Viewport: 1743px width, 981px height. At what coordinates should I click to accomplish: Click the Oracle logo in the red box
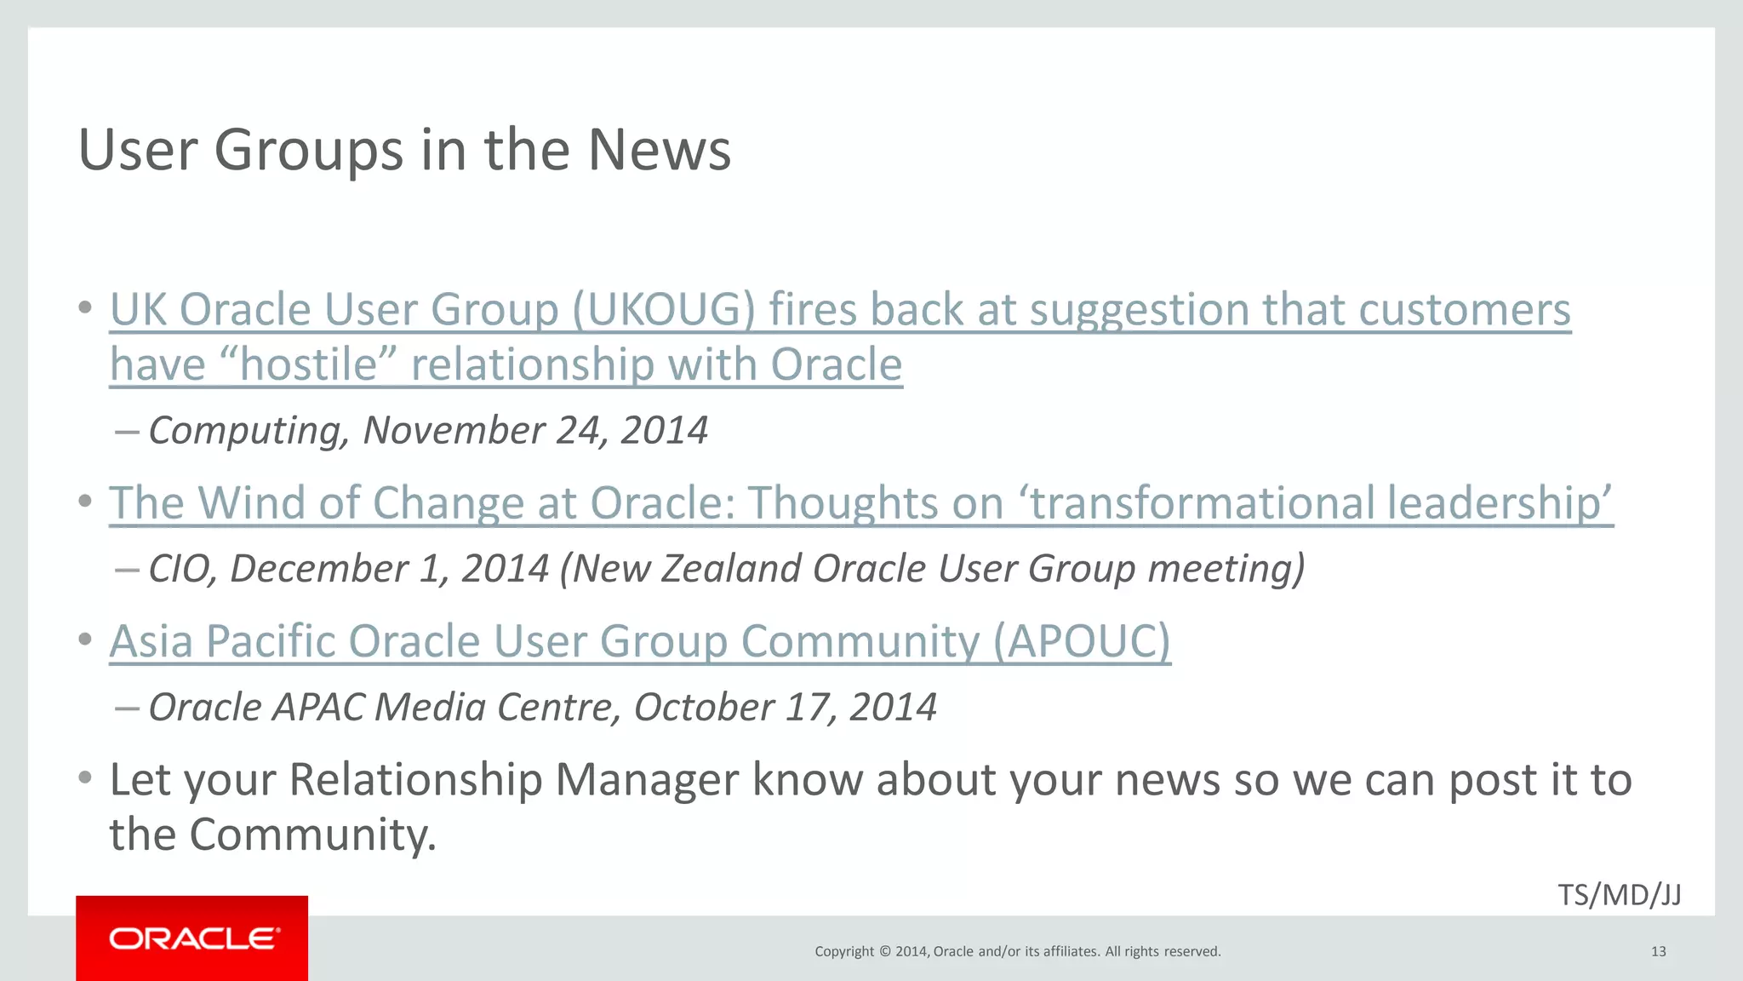(192, 938)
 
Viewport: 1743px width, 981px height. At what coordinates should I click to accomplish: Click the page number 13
(1658, 951)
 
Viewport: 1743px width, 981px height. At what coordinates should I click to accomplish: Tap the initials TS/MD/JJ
(1619, 895)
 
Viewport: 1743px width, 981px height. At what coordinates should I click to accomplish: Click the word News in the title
(659, 150)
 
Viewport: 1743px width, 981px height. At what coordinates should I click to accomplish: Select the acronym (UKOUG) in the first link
(663, 309)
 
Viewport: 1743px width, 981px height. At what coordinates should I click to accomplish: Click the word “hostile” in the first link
(308, 364)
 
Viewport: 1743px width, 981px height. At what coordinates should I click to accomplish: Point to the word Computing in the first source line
(249, 431)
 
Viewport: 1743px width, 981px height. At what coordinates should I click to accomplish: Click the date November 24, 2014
(535, 430)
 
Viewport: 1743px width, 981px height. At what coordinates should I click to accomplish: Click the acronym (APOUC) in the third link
(1082, 641)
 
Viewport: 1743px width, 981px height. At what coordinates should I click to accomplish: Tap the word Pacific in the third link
(271, 641)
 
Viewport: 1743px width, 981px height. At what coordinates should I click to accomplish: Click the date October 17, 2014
(785, 708)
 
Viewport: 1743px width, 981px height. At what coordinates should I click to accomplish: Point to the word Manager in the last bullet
(646, 780)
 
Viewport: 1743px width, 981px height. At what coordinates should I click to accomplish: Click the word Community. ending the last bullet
(312, 835)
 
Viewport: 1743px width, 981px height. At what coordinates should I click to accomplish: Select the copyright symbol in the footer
(884, 951)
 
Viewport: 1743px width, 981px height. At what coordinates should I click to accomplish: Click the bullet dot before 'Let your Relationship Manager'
(84, 777)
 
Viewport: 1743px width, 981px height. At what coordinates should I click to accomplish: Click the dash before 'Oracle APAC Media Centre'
(126, 708)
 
